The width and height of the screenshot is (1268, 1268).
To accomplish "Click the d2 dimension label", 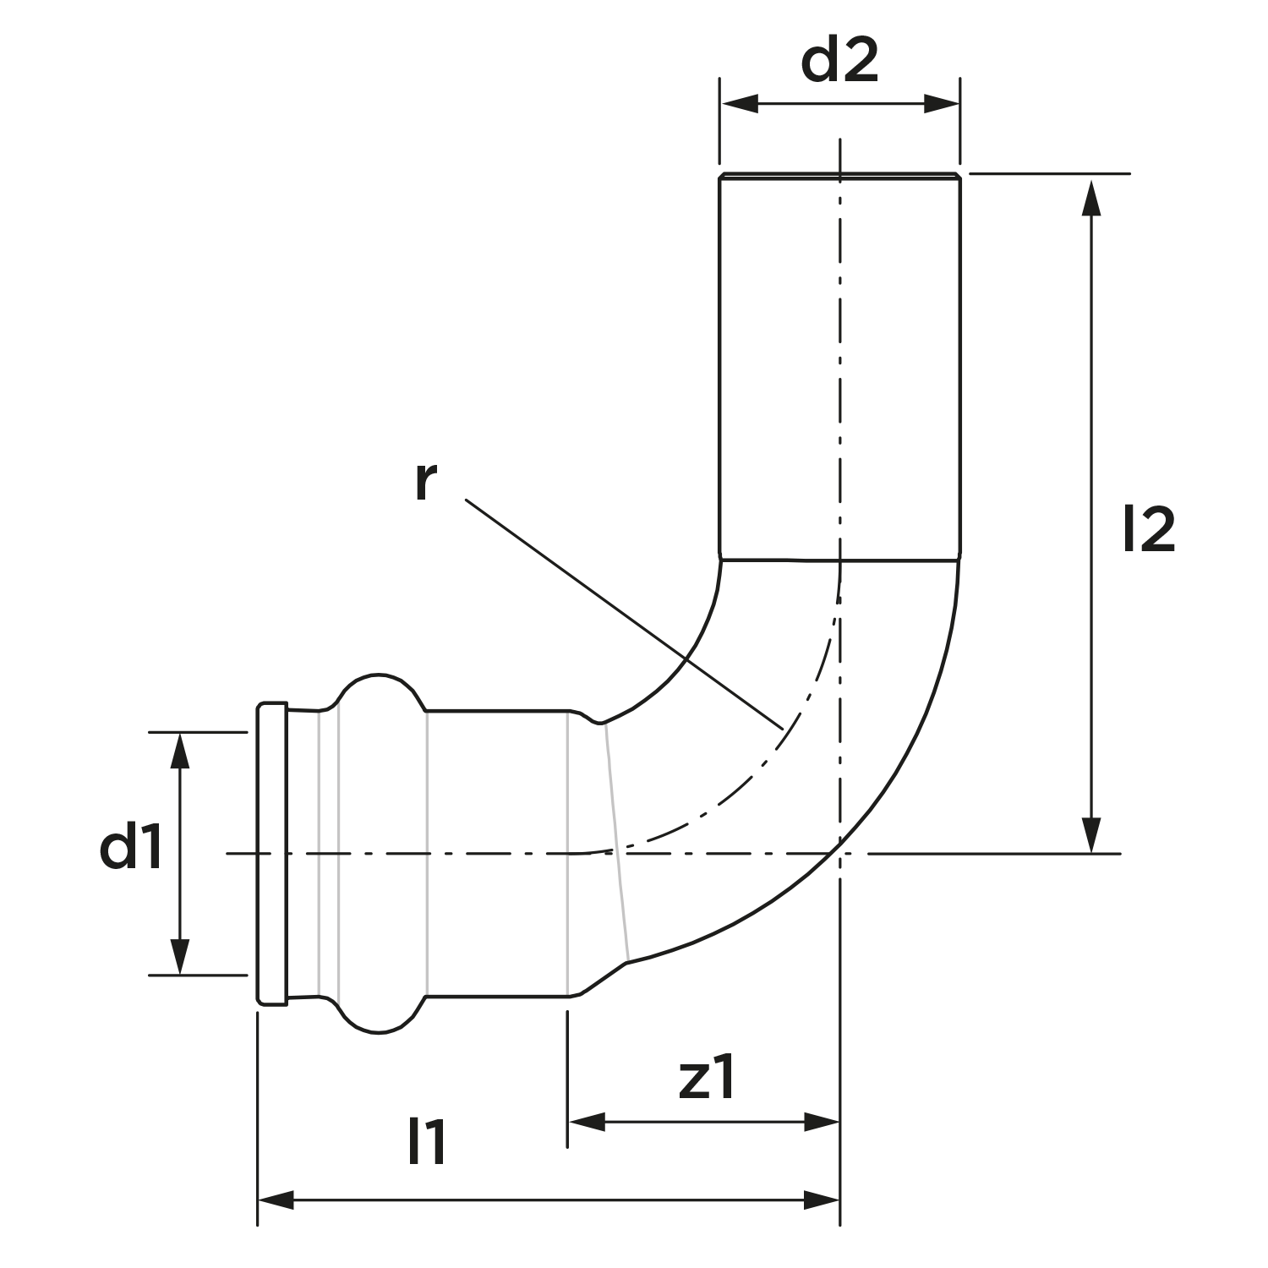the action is point(839,62).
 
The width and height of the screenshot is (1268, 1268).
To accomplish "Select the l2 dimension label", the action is point(1149,530).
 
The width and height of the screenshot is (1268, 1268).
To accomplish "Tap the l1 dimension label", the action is point(427,1143).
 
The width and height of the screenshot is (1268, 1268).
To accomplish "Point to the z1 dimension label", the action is point(708,1079).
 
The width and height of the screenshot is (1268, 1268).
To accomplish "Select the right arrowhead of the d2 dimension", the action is point(942,105).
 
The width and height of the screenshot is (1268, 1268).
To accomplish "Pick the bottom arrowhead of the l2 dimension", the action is point(1091,834).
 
